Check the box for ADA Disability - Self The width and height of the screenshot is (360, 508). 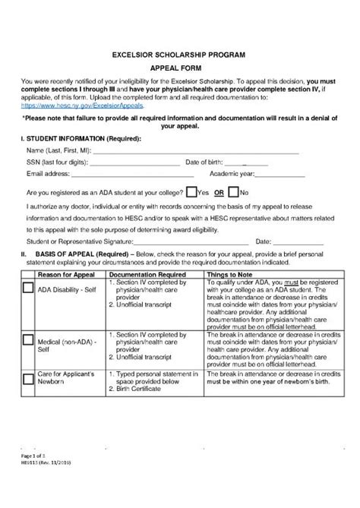tap(28, 288)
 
